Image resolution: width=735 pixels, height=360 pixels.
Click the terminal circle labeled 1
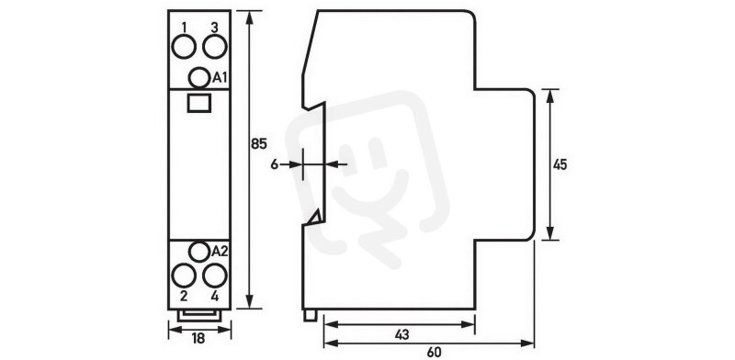coord(184,47)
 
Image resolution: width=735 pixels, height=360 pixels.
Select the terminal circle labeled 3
coord(215,47)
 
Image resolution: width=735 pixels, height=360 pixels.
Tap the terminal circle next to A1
coord(199,77)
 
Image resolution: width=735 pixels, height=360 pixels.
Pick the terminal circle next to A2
coord(199,252)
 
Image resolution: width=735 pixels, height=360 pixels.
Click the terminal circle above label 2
coord(184,276)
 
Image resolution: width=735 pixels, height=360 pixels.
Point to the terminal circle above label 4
coord(215,276)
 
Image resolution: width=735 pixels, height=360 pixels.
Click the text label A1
coord(220,78)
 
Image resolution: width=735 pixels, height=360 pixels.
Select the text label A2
coord(220,252)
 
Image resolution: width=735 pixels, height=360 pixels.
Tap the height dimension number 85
coord(258,144)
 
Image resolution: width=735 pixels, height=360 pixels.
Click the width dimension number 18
coord(198,339)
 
